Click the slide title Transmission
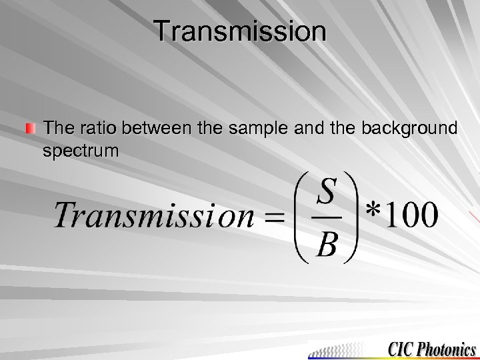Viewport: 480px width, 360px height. click(240, 32)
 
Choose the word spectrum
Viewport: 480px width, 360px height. click(81, 151)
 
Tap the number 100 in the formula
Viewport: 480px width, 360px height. click(413, 215)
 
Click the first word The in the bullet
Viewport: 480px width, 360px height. click(56, 127)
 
